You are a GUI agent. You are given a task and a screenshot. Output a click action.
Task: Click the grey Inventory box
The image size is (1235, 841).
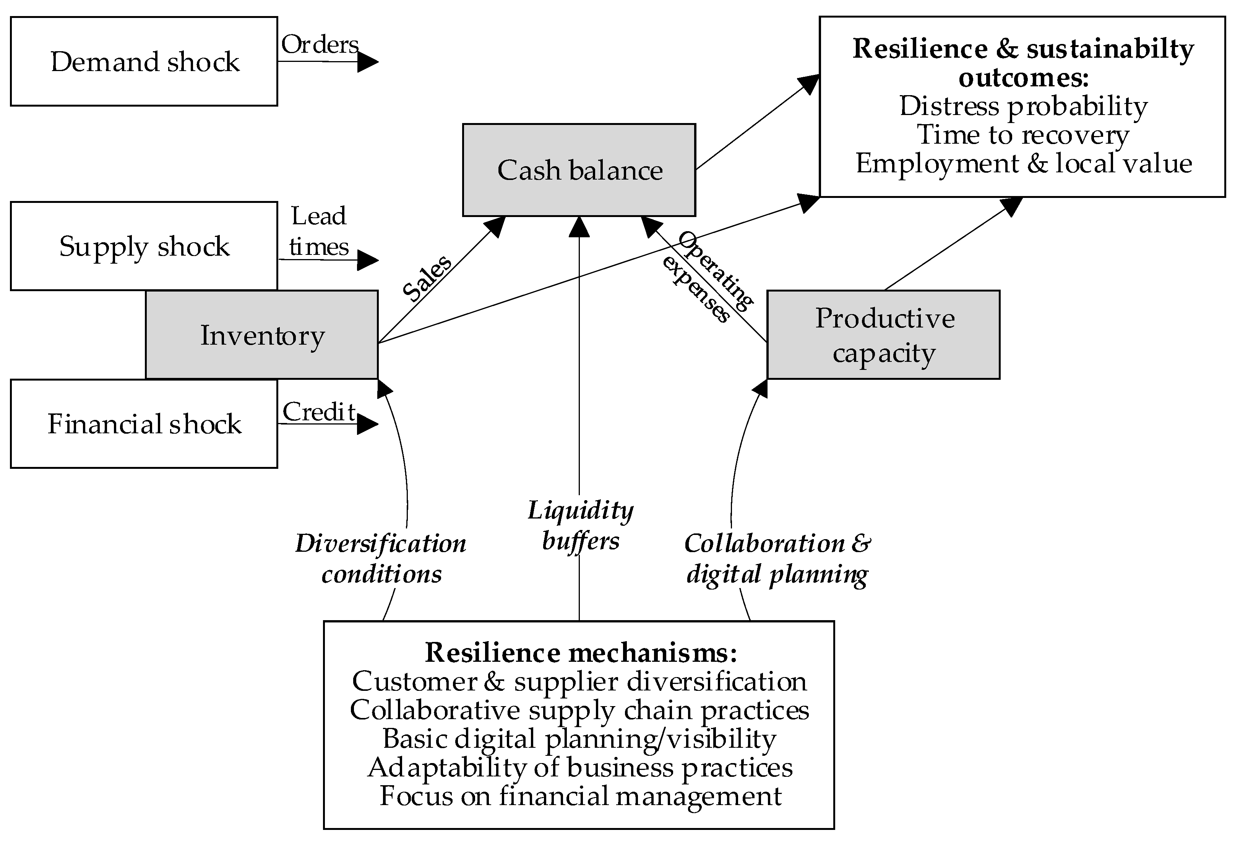pyautogui.click(x=262, y=335)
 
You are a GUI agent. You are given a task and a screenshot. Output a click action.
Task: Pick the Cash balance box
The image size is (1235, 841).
pyautogui.click(x=579, y=170)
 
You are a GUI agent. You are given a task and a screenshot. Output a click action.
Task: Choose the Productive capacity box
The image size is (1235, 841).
pyautogui.click(x=884, y=335)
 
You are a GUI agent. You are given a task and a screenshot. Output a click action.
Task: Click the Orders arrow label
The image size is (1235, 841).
pyautogui.click(x=320, y=45)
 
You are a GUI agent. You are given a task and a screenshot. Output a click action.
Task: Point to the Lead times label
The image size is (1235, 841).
pyautogui.click(x=319, y=231)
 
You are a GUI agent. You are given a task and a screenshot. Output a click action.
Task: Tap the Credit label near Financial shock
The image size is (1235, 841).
pyautogui.click(x=319, y=412)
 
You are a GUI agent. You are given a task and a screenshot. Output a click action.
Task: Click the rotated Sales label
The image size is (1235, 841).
pyautogui.click(x=426, y=278)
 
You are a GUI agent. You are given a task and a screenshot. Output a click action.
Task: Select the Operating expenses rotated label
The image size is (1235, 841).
pyautogui.click(x=707, y=276)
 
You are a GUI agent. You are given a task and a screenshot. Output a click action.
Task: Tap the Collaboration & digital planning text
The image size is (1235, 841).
pyautogui.click(x=777, y=558)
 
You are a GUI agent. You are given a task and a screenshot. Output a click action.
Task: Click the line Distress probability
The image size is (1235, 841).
pyautogui.click(x=1023, y=106)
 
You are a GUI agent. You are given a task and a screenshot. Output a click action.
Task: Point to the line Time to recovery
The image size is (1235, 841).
pyautogui.click(x=1023, y=134)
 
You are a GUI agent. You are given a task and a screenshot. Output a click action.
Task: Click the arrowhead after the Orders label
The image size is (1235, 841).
pyautogui.click(x=368, y=62)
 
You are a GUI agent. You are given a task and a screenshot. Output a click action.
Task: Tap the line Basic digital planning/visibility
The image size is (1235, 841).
pyautogui.click(x=579, y=739)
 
